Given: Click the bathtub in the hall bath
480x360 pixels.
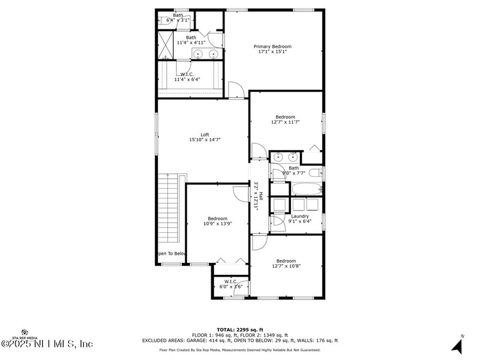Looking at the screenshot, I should (306, 190).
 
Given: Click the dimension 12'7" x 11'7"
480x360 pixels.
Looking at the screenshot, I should (286, 122).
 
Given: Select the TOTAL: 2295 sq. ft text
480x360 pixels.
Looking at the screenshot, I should (240, 329).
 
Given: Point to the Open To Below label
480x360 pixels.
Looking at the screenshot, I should (172, 254).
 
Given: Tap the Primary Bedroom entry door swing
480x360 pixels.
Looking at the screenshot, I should (236, 91).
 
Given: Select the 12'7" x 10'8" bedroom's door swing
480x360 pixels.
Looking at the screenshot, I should (259, 242).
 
